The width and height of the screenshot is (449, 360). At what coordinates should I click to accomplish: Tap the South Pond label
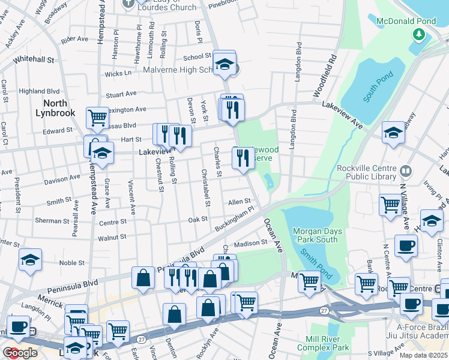(x=378, y=86)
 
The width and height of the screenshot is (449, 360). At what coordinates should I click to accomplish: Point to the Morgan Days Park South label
(x=318, y=236)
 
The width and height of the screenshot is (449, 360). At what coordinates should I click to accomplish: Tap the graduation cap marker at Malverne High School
(x=224, y=64)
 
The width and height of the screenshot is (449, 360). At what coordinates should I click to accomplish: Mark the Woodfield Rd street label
(x=325, y=76)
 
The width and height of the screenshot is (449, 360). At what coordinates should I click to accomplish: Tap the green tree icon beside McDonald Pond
(x=418, y=34)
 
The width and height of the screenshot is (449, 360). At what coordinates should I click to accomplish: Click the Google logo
(x=20, y=353)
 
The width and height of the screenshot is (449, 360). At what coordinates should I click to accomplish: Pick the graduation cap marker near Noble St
(x=30, y=261)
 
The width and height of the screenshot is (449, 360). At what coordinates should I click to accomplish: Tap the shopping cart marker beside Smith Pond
(x=309, y=281)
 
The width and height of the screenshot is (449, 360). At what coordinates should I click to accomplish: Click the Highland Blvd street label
(x=40, y=91)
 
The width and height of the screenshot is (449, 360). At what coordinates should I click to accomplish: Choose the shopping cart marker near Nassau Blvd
(x=97, y=117)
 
